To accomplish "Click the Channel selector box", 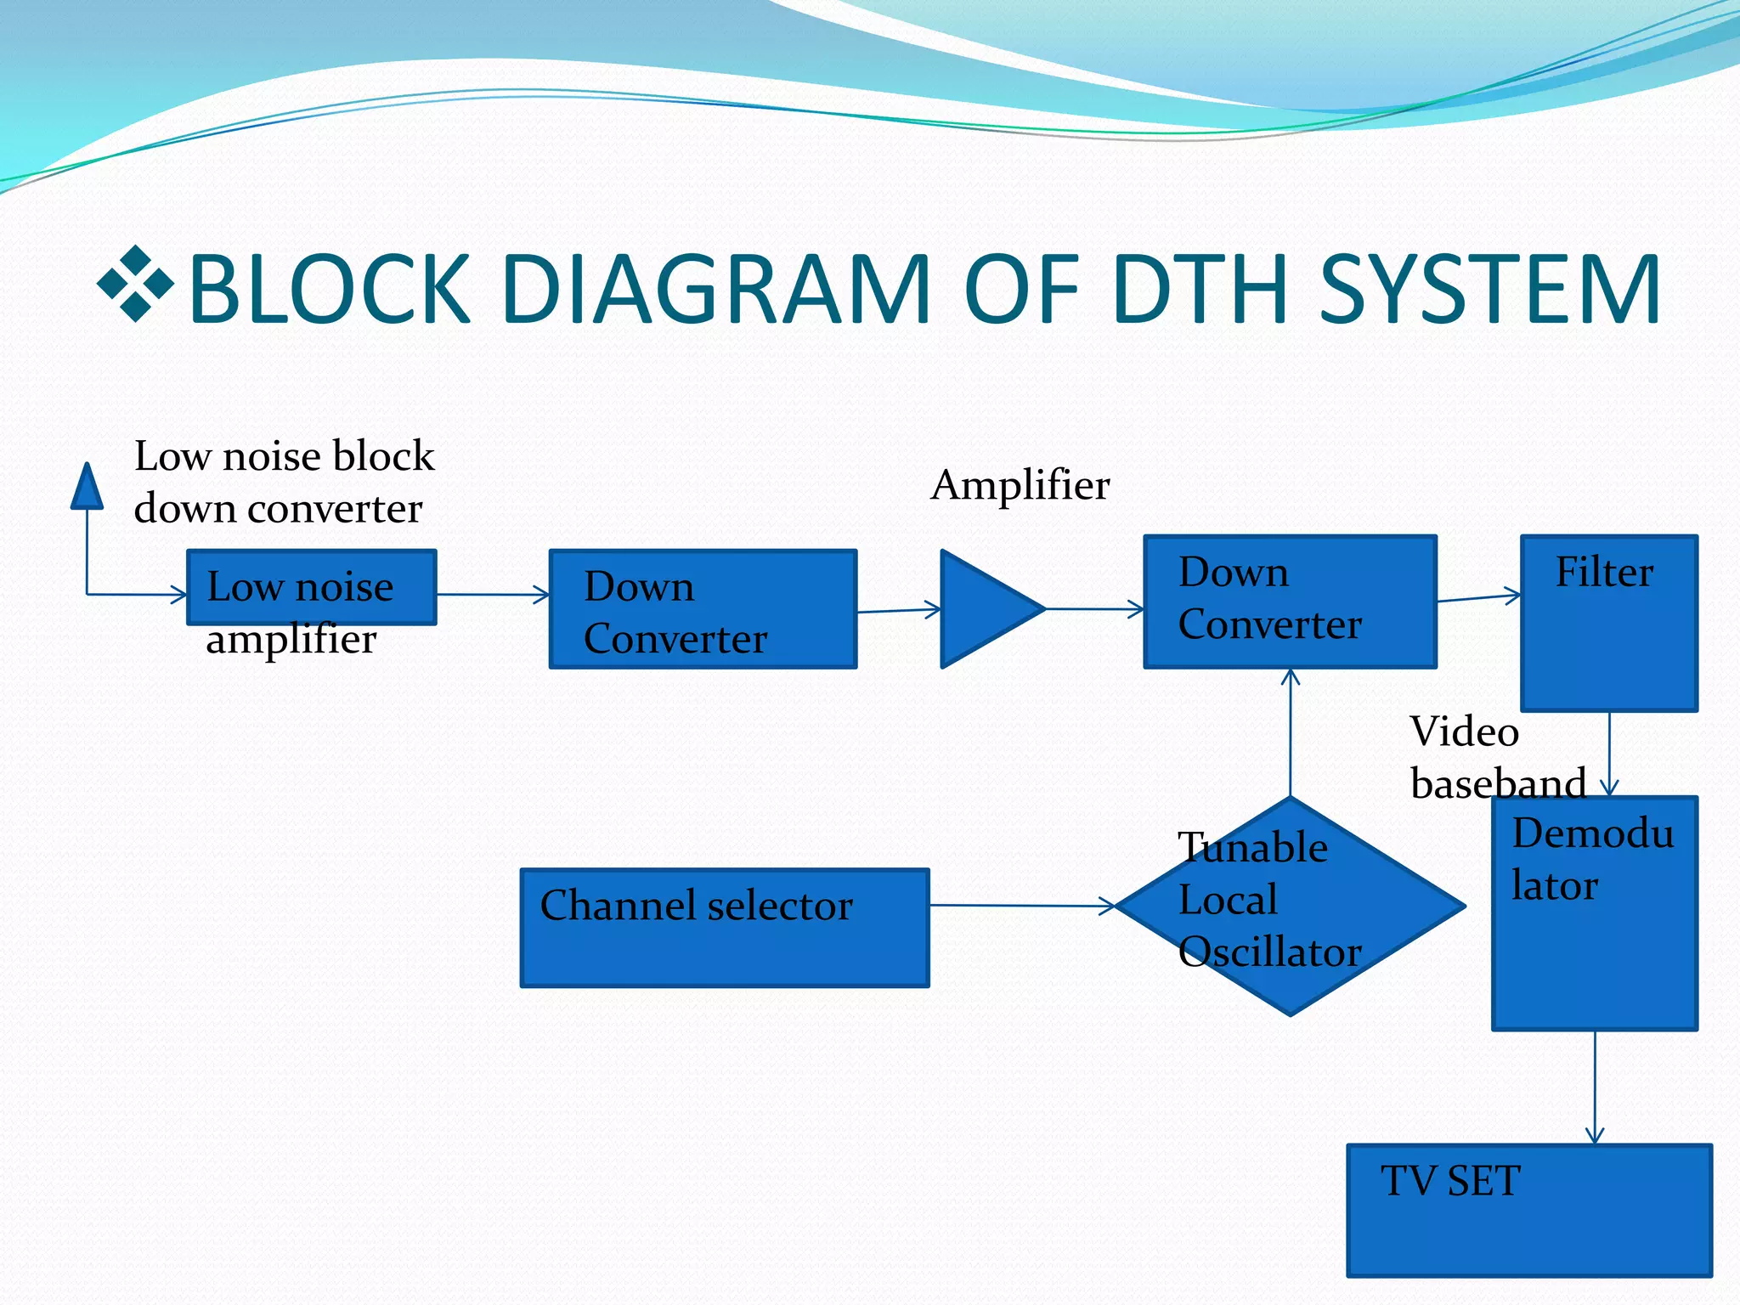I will (725, 927).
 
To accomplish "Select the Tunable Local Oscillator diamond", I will (1291, 906).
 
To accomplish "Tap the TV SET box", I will (1529, 1210).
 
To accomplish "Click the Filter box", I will (1609, 623).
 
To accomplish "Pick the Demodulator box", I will (1595, 913).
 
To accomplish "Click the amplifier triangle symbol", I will (986, 608).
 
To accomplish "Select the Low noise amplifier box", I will (311, 587).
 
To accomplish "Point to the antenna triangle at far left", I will (87, 489).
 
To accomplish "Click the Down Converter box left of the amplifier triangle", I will (703, 608).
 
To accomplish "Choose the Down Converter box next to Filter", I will (1290, 602).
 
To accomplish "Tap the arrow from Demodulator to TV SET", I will (1595, 1087).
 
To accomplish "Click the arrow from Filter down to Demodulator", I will (1609, 753).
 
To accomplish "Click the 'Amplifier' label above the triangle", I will (1020, 485).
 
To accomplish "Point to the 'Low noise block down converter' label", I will (284, 482).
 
